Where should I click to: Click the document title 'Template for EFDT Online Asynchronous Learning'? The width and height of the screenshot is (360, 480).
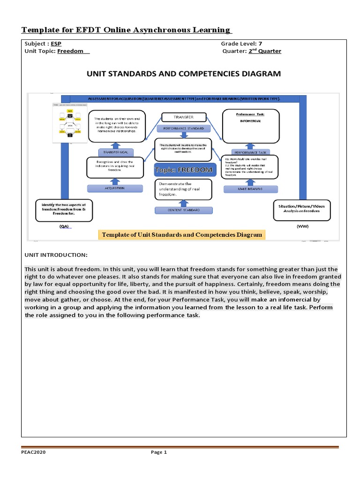(127, 30)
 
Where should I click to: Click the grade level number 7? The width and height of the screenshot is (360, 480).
(260, 44)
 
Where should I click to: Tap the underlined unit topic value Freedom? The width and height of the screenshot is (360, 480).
(73, 52)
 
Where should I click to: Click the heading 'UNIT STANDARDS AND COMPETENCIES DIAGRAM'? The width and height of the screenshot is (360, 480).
(184, 74)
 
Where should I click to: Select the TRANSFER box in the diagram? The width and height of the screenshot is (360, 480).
(183, 117)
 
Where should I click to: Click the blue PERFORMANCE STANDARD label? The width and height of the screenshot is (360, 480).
(183, 128)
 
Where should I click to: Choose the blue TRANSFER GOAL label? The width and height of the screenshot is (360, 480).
(115, 152)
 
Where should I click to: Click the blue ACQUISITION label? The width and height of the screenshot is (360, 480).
(115, 188)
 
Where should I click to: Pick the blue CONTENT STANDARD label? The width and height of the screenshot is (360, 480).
(183, 210)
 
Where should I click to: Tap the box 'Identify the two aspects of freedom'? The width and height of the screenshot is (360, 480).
(64, 210)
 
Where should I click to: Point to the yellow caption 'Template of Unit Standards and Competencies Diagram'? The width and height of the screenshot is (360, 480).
(182, 235)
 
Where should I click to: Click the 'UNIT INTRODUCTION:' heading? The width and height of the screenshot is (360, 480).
(56, 255)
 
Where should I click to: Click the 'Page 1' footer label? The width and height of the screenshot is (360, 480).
(158, 452)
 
